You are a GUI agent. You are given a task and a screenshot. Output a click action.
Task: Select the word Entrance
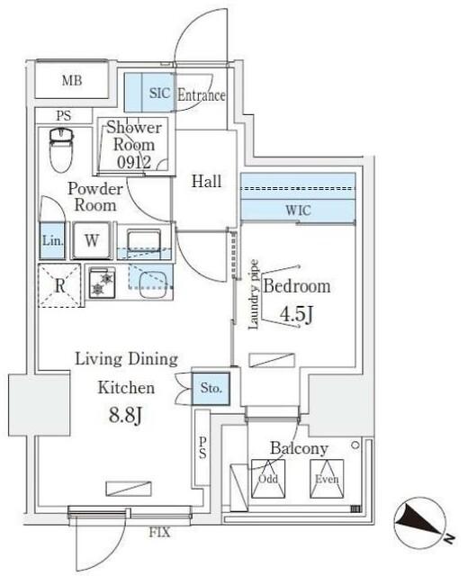click(201, 95)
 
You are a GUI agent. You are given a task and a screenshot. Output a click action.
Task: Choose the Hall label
click(207, 182)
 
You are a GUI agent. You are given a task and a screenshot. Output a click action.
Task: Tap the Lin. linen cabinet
click(52, 241)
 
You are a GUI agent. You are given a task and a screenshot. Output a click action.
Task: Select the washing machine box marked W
click(92, 240)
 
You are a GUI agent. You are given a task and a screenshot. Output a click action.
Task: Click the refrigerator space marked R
click(58, 285)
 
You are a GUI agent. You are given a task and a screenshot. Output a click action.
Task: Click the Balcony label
click(299, 448)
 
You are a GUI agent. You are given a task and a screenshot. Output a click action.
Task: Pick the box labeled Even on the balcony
click(325, 478)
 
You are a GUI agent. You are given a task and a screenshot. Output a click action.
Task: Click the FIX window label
click(158, 533)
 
